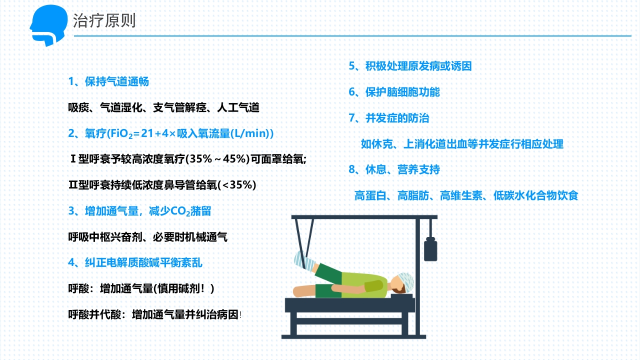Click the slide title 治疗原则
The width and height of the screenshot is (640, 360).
click(104, 21)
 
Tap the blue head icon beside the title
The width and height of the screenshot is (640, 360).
click(49, 25)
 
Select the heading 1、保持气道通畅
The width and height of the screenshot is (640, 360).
click(108, 81)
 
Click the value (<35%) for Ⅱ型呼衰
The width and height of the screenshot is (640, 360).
click(238, 185)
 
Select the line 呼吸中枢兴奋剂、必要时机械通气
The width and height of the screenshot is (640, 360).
click(148, 237)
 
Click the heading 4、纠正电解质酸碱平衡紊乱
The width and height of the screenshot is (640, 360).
click(135, 262)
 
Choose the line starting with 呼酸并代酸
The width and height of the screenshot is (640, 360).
click(154, 314)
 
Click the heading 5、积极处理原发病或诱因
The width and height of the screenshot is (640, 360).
click(410, 66)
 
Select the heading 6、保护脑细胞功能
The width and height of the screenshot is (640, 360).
click(394, 92)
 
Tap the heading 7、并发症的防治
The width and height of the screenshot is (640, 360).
click(388, 118)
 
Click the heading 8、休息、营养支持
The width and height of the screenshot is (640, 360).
click(394, 170)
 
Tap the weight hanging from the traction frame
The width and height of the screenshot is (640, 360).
click(430, 248)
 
